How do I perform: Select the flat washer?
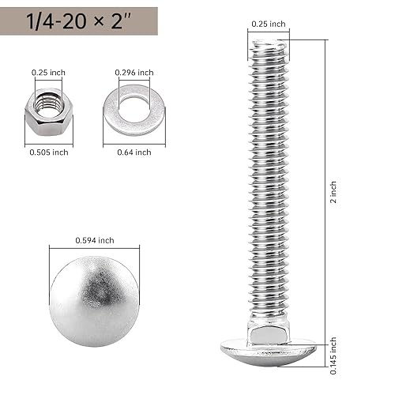coord(134,111)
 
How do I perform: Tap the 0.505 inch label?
coord(48,152)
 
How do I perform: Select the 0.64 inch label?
coord(134,152)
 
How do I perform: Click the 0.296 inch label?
coord(134,73)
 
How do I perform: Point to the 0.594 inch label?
coord(95,240)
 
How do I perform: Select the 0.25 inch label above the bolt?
coord(268,24)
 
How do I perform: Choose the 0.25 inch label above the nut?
coord(48,73)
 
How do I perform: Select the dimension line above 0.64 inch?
coord(134,144)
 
